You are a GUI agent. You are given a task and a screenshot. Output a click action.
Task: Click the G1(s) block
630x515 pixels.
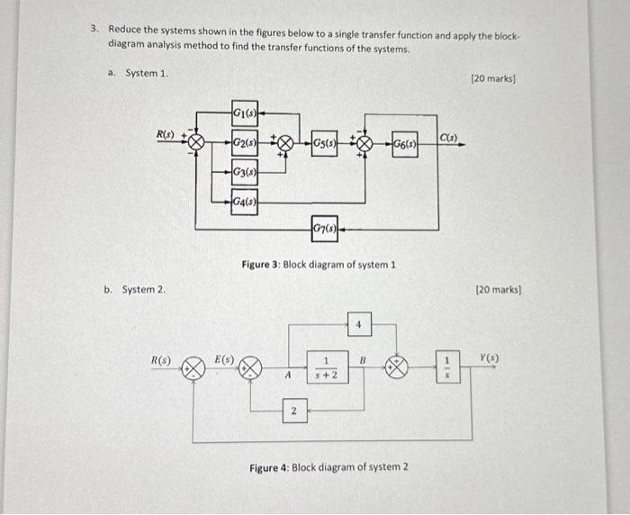pos(244,113)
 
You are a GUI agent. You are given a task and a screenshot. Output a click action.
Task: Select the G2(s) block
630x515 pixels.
pos(244,142)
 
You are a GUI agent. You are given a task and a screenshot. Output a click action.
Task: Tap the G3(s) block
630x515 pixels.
pos(243,173)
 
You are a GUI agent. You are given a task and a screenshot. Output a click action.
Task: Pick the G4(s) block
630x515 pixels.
pos(244,202)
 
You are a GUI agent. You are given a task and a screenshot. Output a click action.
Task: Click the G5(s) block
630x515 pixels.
pos(325,142)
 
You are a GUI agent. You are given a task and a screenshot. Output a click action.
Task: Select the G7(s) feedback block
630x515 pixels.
pos(325,228)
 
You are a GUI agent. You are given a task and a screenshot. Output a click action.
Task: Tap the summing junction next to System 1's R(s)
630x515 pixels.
pos(195,142)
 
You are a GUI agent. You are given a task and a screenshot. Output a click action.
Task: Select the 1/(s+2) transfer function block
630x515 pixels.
pos(323,368)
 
